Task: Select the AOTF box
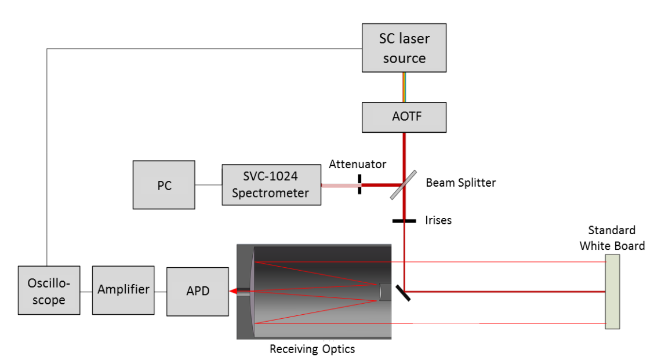(404, 117)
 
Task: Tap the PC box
(164, 185)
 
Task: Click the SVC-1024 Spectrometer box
(271, 185)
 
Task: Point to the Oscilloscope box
(49, 290)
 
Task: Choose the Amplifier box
(123, 290)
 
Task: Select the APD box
(197, 292)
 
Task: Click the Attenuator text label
(357, 165)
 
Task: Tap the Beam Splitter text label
(461, 183)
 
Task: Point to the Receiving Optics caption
(312, 349)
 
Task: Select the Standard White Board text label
(612, 238)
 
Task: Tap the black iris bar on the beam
(404, 220)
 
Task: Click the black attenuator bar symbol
(359, 185)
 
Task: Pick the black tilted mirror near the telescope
(404, 292)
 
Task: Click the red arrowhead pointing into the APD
(233, 292)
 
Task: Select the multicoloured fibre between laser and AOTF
(404, 88)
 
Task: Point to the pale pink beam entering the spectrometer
(339, 186)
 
